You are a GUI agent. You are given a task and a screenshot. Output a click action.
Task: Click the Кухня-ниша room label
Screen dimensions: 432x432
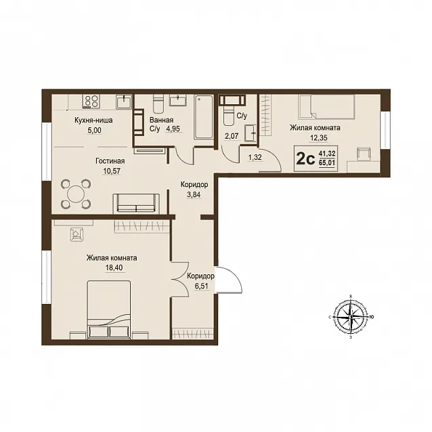click(x=93, y=121)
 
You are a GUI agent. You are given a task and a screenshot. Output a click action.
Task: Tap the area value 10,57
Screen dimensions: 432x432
click(x=112, y=171)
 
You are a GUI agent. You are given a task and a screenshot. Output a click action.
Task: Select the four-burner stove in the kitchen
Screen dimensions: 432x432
click(x=91, y=101)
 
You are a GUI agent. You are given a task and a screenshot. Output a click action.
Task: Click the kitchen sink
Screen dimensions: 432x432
click(x=124, y=102)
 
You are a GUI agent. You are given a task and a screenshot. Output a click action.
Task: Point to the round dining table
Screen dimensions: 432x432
click(x=76, y=194)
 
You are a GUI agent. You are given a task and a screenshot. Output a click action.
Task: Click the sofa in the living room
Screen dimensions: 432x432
click(x=136, y=203)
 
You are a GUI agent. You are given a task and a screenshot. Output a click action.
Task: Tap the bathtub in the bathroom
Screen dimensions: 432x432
click(x=204, y=117)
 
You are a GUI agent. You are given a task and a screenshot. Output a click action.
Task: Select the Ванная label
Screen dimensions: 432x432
click(x=161, y=120)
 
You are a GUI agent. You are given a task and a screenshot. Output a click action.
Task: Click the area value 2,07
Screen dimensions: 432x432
click(x=232, y=136)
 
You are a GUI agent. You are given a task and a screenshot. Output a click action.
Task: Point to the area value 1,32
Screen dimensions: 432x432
click(x=255, y=157)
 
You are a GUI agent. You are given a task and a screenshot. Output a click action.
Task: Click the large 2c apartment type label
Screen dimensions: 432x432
click(x=305, y=159)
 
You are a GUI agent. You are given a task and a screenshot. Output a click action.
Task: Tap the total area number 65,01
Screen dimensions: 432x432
click(x=327, y=163)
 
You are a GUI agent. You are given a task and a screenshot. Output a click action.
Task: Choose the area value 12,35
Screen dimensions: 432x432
click(x=319, y=137)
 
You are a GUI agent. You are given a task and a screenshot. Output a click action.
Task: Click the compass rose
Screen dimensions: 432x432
click(x=351, y=317)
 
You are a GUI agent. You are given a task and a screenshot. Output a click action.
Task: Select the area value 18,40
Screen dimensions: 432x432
click(x=114, y=267)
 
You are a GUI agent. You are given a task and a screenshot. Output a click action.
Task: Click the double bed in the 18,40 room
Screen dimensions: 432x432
click(x=109, y=309)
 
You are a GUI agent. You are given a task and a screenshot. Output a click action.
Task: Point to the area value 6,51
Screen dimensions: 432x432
click(x=201, y=286)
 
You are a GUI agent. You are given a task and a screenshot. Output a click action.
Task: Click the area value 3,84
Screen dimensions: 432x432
click(x=194, y=195)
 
